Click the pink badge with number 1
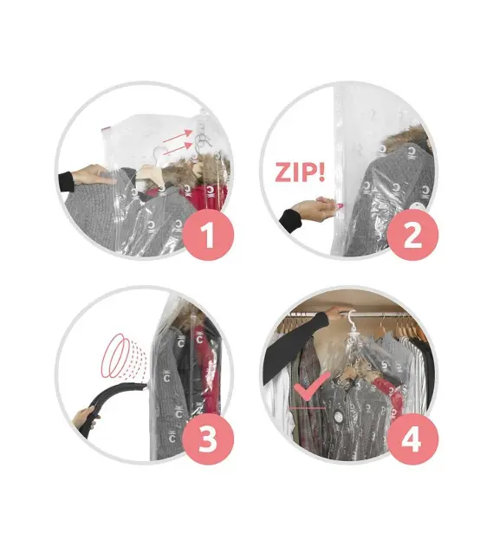pos(208,235)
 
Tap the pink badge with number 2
pos(412,235)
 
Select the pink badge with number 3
pos(208,439)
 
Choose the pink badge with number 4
pos(412,439)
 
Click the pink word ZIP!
pos(300,172)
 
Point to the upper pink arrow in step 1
pos(178,137)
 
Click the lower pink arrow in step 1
pos(178,149)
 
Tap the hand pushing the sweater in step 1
pos(94,175)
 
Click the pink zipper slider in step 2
pos(330,204)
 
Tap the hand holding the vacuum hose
pos(86,419)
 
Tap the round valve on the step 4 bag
pos(338,417)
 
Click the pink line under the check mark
pos(307,407)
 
